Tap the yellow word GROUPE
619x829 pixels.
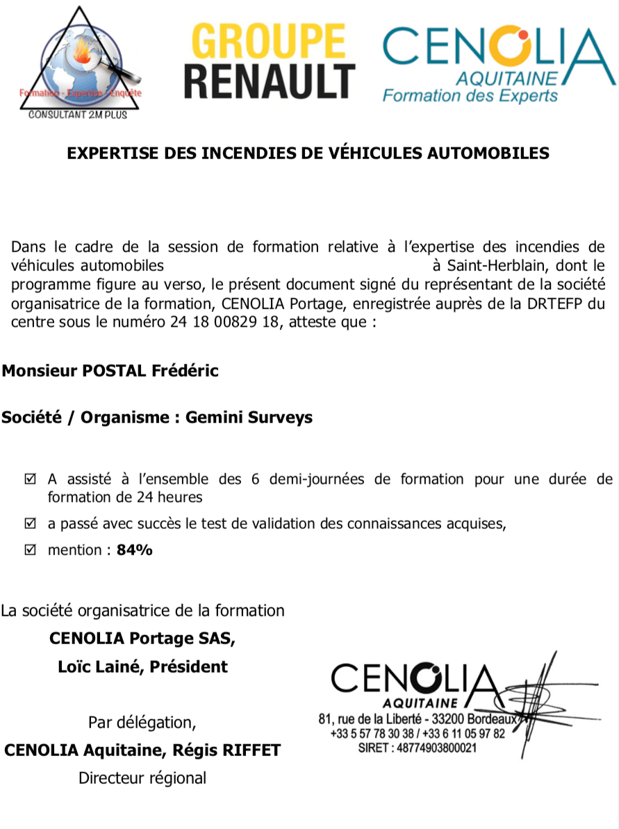click(x=269, y=41)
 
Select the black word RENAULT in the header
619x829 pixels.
click(x=270, y=81)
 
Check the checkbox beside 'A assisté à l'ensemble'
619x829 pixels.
click(x=30, y=479)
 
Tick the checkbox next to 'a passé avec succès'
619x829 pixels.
click(x=30, y=524)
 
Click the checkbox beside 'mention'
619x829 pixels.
click(x=30, y=550)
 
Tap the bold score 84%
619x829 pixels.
click(x=135, y=550)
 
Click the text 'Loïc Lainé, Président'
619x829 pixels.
click(x=142, y=666)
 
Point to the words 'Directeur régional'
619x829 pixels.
click(x=142, y=778)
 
